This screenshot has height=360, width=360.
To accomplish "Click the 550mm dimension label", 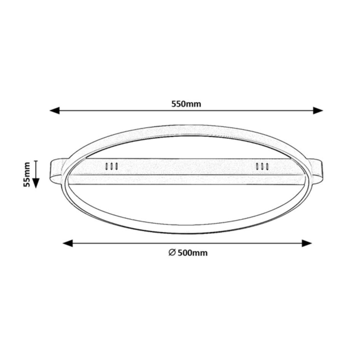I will [x=186, y=105].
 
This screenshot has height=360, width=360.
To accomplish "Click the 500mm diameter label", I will [x=188, y=253].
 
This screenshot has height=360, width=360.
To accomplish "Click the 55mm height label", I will [x=27, y=174].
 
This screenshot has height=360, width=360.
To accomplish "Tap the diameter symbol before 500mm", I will [x=172, y=253].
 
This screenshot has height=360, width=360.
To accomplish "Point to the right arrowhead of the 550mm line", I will [x=318, y=110].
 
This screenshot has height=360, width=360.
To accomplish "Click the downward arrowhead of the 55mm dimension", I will [x=36, y=182].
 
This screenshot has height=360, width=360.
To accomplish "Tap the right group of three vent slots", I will [x=262, y=166].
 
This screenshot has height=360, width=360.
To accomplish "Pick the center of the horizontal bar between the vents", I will [x=187, y=166].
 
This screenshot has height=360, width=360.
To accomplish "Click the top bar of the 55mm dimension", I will [x=36, y=161].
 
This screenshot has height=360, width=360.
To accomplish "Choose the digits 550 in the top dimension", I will [x=179, y=105].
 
